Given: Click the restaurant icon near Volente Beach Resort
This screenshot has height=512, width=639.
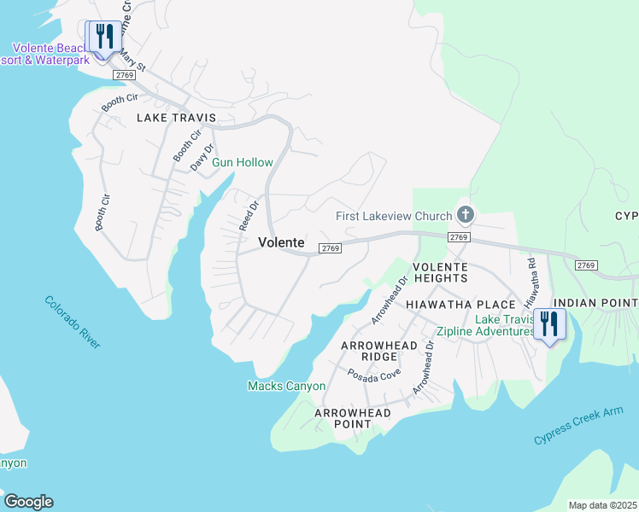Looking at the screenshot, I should pyautogui.click(x=104, y=37).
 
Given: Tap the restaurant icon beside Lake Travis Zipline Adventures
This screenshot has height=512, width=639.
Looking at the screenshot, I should pyautogui.click(x=547, y=324).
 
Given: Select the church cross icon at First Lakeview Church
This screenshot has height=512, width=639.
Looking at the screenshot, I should pyautogui.click(x=466, y=214).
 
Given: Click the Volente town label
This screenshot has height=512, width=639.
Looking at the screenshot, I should pyautogui.click(x=281, y=243).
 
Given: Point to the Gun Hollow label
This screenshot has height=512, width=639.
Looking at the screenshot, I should pyautogui.click(x=243, y=162).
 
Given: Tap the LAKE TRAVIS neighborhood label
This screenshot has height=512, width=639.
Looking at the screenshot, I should pyautogui.click(x=177, y=117).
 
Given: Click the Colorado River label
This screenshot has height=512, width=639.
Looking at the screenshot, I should pyautogui.click(x=73, y=322).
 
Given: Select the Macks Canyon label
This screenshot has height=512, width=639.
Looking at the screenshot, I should pyautogui.click(x=286, y=386).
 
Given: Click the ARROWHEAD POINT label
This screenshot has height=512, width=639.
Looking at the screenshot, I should pyautogui.click(x=353, y=419).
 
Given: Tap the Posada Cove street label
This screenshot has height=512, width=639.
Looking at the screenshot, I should pyautogui.click(x=373, y=375).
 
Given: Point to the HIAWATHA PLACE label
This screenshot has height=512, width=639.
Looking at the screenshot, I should pyautogui.click(x=460, y=305).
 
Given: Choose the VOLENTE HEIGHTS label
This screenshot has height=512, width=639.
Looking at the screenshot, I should pyautogui.click(x=441, y=272).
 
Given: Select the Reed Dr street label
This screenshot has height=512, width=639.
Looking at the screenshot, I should pyautogui.click(x=249, y=215).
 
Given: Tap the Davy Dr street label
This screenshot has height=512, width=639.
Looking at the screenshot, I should pyautogui.click(x=200, y=156).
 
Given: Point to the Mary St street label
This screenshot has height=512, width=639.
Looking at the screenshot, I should pyautogui.click(x=133, y=61).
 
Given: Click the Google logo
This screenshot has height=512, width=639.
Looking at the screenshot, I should pyautogui.click(x=28, y=502).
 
